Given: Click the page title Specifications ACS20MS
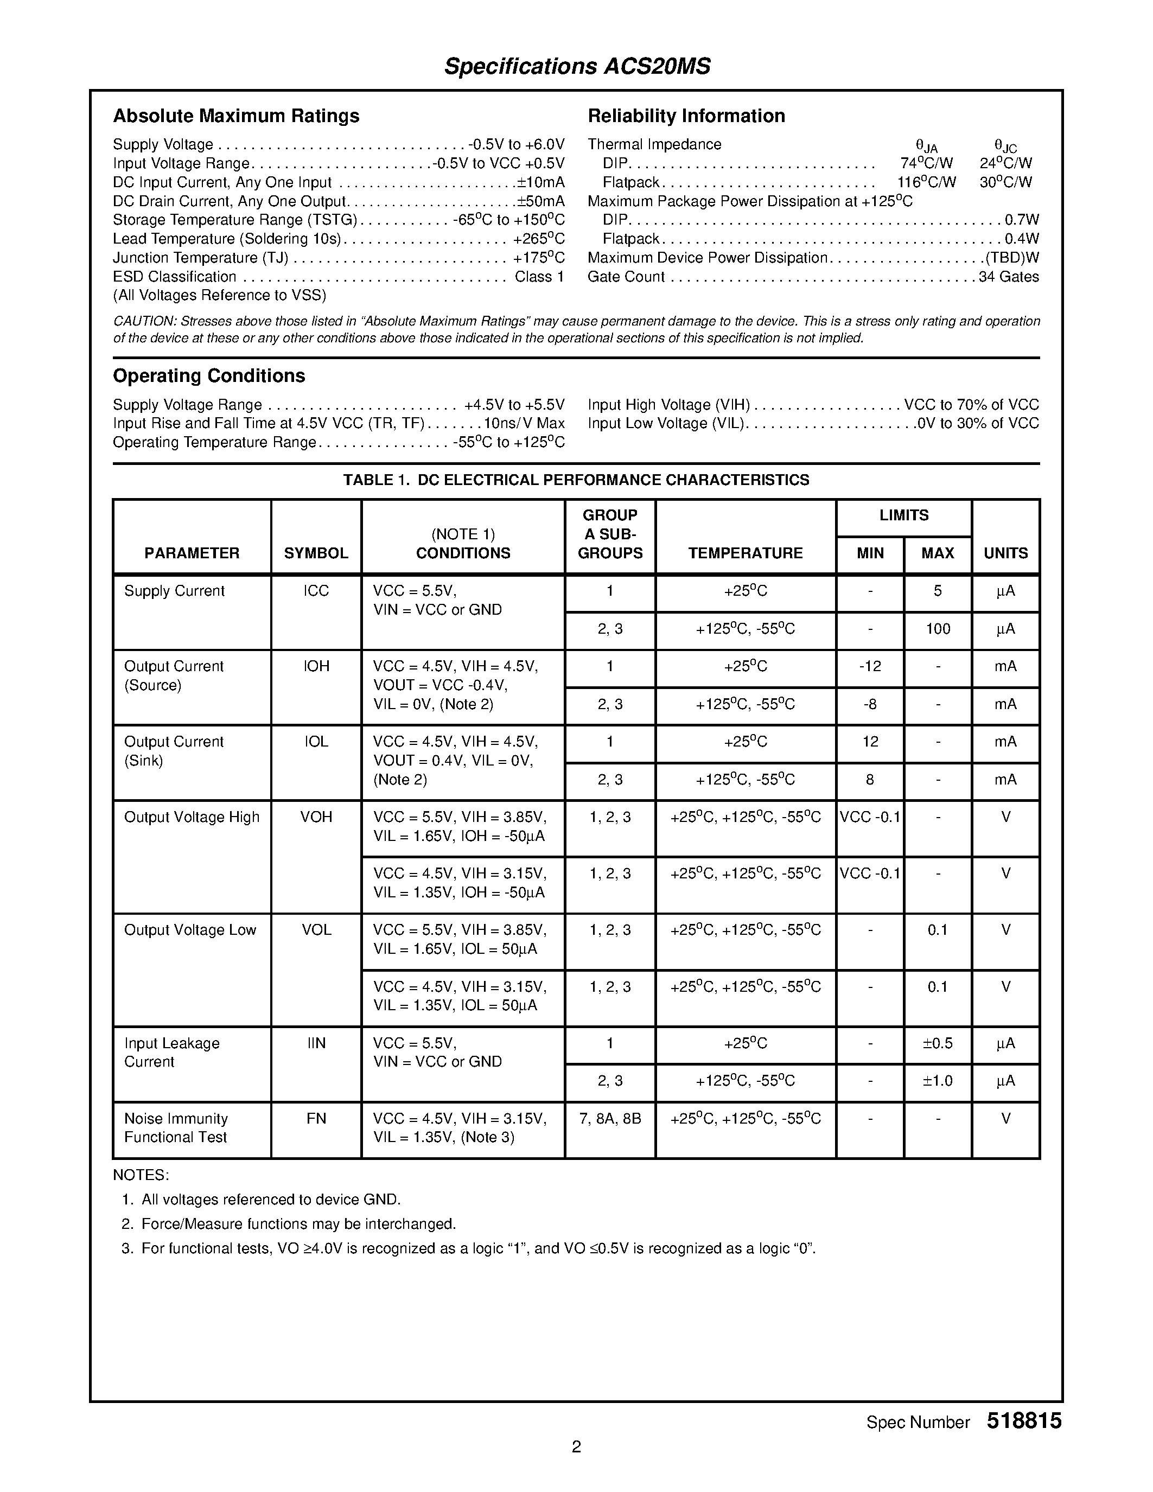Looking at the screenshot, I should [577, 66].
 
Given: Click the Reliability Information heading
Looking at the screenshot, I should [686, 116].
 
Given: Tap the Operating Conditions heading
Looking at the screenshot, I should [208, 376].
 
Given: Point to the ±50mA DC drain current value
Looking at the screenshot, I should [540, 201].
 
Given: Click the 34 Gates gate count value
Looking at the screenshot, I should [1008, 277].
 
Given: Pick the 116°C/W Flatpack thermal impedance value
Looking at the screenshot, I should [926, 182].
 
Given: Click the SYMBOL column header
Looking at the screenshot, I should [316, 553].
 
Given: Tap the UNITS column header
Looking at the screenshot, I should [1005, 553].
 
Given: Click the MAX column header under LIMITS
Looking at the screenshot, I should [937, 553].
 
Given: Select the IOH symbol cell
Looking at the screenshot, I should [316, 666].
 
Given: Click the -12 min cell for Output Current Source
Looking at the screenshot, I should [870, 666].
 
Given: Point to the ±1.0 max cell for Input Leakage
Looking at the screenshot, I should [937, 1081].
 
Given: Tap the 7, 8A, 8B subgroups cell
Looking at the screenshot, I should [609, 1118].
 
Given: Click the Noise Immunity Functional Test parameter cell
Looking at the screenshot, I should [176, 1128].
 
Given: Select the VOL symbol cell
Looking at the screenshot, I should [316, 930].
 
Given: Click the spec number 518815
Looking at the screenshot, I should [1023, 1421].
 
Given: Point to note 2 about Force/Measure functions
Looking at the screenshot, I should [298, 1223].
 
